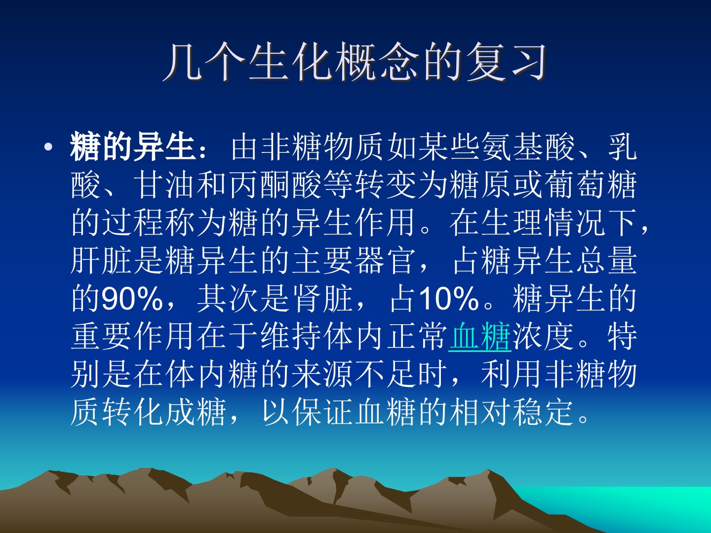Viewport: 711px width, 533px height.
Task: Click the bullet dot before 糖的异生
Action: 48,148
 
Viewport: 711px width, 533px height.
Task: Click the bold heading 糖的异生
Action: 132,147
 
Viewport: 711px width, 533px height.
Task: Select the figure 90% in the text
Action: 132,298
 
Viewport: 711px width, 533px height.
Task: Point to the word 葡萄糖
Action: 591,185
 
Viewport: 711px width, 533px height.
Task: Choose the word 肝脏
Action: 101,261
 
